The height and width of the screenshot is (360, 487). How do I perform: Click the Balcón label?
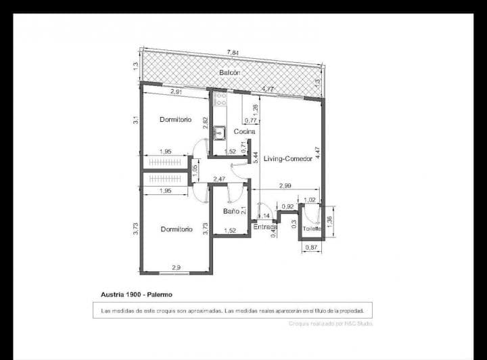click(x=230, y=72)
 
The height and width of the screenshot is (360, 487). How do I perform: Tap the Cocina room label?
click(x=244, y=131)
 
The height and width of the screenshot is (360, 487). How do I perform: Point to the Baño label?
click(x=231, y=212)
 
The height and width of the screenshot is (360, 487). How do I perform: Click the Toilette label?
click(x=312, y=229)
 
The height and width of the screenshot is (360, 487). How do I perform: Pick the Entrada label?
click(x=265, y=227)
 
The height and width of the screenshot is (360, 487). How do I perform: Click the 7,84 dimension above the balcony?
click(x=233, y=52)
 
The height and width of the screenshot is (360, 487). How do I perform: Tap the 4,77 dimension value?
click(x=268, y=89)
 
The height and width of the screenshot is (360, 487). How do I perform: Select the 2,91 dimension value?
click(x=177, y=91)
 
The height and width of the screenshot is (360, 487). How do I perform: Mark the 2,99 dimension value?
click(x=285, y=186)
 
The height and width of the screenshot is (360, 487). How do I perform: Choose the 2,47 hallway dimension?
click(x=219, y=179)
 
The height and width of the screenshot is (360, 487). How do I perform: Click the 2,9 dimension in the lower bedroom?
click(x=176, y=268)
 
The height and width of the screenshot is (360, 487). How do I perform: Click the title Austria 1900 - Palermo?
click(x=136, y=294)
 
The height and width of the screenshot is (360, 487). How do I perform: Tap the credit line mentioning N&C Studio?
click(x=330, y=323)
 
